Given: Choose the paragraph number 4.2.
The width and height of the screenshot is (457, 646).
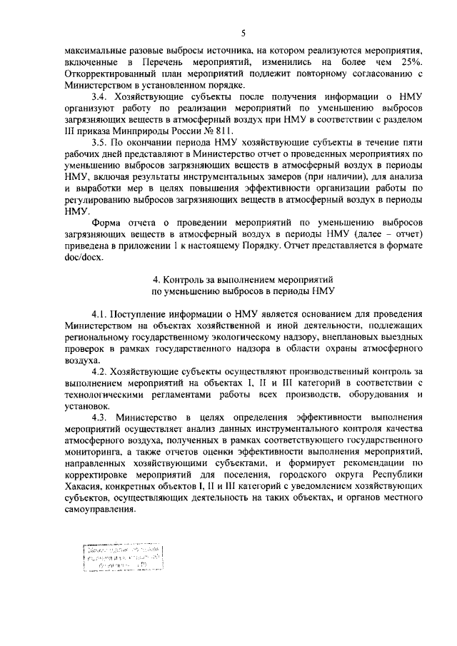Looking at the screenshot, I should coord(101,371).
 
